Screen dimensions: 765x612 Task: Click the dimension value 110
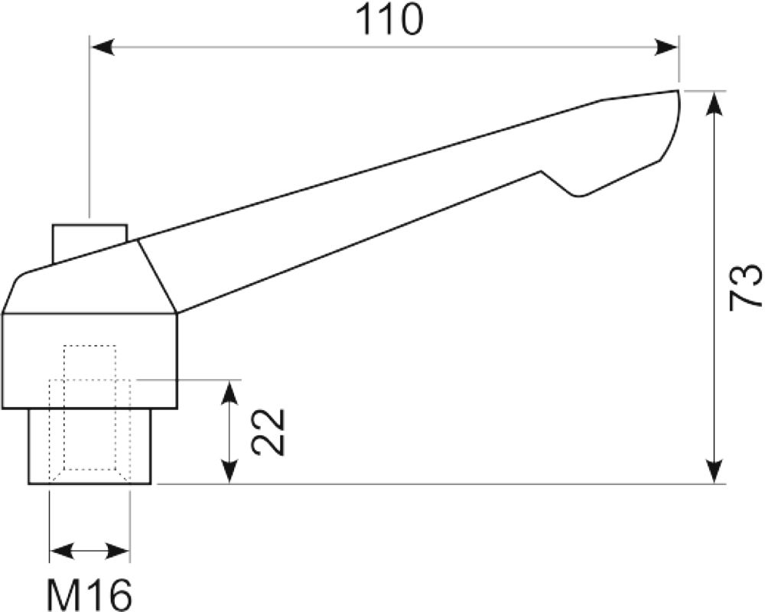tap(389, 20)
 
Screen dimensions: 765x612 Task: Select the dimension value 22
tap(268, 432)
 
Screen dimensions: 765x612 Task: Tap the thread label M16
tap(90, 594)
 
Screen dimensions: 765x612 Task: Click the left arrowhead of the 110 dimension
tap(103, 48)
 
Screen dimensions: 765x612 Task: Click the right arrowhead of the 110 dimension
tap(666, 48)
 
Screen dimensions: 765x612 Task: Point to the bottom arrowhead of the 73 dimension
tap(715, 472)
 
